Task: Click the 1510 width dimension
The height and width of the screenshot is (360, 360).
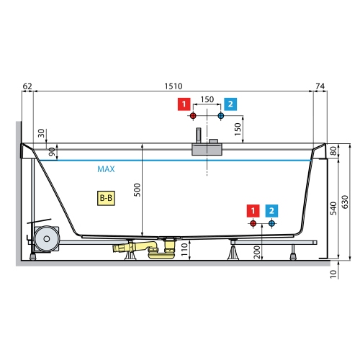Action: [174, 86]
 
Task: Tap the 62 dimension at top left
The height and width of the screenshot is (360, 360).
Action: [27, 86]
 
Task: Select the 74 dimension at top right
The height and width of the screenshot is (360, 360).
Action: [320, 86]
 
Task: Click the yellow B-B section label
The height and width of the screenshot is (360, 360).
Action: [106, 198]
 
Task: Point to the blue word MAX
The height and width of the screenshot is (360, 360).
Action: [106, 169]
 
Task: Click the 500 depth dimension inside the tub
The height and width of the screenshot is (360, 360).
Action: [138, 190]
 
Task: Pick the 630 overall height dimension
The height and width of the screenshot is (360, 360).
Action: [345, 202]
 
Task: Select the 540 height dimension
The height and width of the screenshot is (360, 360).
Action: [333, 208]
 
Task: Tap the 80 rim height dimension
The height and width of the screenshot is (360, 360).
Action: [333, 151]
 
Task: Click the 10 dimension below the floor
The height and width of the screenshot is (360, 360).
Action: [333, 274]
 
